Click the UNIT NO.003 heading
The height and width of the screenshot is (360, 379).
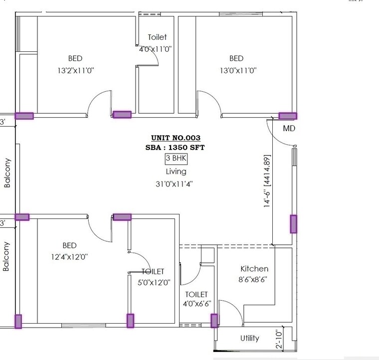[176, 138]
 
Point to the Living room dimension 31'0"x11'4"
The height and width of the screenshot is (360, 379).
[174, 183]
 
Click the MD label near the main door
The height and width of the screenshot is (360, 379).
[289, 128]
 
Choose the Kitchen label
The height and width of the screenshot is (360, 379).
[254, 269]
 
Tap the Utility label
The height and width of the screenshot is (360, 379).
[249, 338]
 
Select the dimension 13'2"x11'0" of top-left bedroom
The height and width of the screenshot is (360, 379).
[76, 71]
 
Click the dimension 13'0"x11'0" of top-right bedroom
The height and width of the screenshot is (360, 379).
[238, 71]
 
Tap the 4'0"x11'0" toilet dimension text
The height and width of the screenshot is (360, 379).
[157, 48]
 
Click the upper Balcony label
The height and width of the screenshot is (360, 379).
[7, 173]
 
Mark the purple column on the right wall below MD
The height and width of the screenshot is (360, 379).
[293, 224]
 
